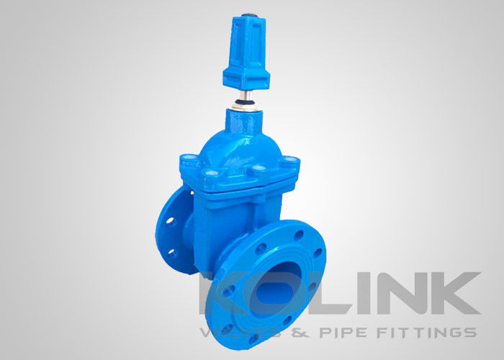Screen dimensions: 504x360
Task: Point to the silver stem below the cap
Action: [x=247, y=96]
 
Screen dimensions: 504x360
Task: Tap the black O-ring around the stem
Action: [x=245, y=102]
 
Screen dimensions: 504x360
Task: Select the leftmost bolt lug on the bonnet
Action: [x=189, y=158]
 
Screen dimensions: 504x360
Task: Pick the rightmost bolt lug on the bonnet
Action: [x=290, y=159]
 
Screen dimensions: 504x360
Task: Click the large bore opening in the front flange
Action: [x=276, y=284]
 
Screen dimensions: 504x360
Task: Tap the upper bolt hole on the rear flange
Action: [x=171, y=222]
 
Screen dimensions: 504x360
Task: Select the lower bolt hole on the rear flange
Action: [x=172, y=253]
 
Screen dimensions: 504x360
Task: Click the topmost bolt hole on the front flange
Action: [x=299, y=235]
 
